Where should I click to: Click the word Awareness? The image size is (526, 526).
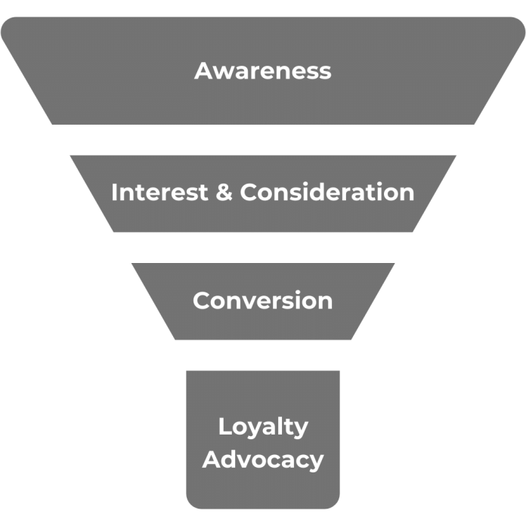tap(262, 70)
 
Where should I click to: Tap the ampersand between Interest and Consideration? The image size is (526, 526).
tap(224, 192)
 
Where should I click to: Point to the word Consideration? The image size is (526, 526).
tap(327, 192)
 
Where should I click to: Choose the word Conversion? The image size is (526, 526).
tap(262, 300)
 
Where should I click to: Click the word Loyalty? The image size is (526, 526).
tap(263, 427)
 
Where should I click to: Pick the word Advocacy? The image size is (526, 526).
tap(263, 459)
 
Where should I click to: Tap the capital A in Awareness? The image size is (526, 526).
tap(203, 70)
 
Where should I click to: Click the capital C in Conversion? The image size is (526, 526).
tap(202, 300)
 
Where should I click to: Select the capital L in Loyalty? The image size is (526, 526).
tap(224, 426)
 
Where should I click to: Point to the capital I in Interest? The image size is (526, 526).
tap(114, 192)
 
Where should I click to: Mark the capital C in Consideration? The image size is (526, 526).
tap(249, 192)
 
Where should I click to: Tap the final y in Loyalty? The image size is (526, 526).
tap(302, 429)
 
